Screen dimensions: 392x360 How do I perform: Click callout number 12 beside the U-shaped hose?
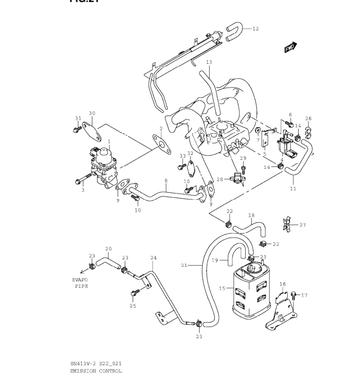pyautogui.click(x=255, y=29)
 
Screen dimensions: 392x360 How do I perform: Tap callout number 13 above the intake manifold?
pyautogui.click(x=209, y=62)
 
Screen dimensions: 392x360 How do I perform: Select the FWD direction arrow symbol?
pyautogui.click(x=291, y=47)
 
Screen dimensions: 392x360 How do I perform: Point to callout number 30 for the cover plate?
pyautogui.click(x=92, y=113)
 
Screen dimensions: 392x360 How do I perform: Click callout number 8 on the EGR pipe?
pyautogui.click(x=165, y=181)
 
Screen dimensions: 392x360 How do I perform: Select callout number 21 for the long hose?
pyautogui.click(x=184, y=265)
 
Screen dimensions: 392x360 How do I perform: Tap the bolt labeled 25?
pyautogui.click(x=134, y=294)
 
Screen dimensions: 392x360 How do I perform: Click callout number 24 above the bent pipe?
pyautogui.click(x=153, y=257)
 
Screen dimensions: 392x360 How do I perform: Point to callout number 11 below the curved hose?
pyautogui.click(x=293, y=189)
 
